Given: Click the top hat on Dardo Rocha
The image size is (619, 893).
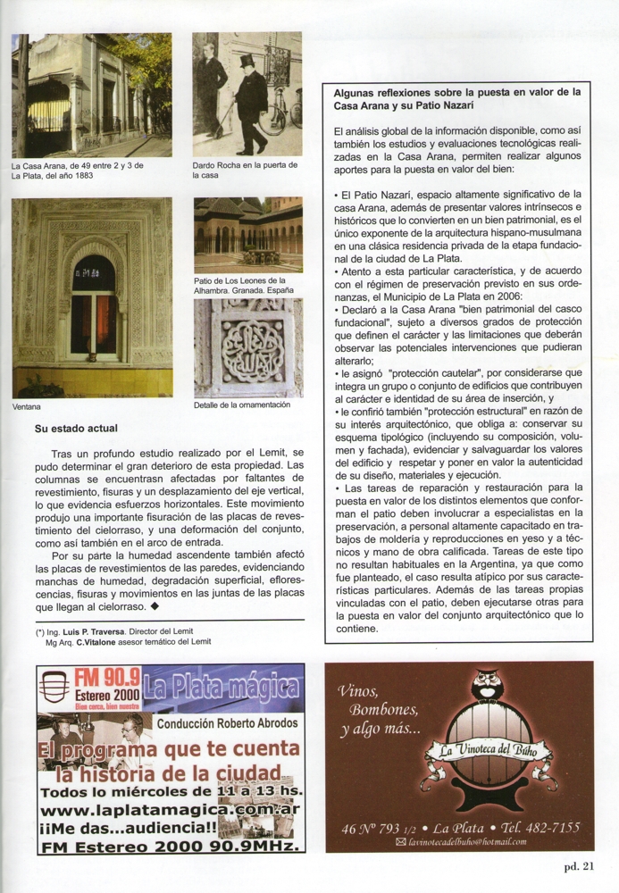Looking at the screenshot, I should [246, 62].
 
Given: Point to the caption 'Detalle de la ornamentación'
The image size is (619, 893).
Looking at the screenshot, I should [241, 405].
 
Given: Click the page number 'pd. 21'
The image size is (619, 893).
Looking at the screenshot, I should [578, 864].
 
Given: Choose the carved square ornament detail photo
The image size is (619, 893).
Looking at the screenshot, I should [247, 347].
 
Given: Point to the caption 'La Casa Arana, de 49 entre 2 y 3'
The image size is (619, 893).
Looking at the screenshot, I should [78, 166].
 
